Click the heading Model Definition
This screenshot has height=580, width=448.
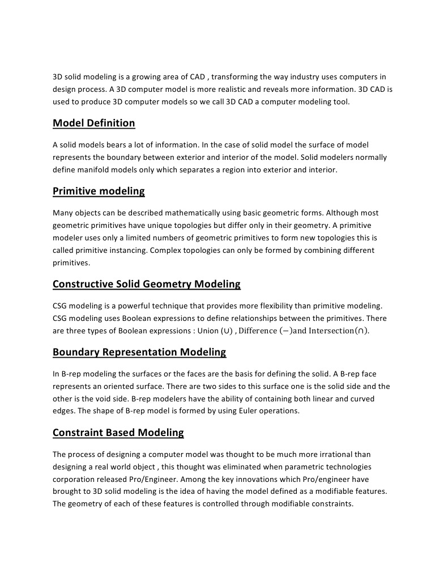93,123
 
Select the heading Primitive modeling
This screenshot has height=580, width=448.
99,191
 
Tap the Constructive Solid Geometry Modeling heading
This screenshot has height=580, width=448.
146,283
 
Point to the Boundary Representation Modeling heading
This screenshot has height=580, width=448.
139,352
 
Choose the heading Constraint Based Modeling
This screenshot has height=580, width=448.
118,433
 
